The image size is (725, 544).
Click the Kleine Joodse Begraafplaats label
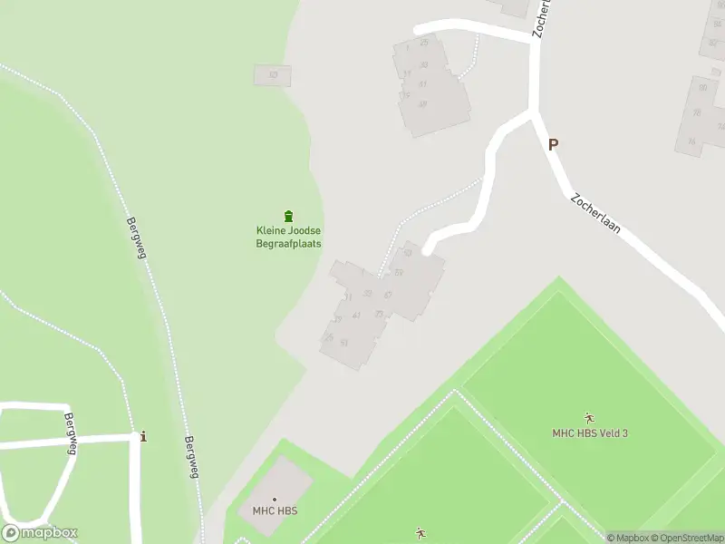[288, 237]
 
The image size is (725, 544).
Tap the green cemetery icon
[288, 216]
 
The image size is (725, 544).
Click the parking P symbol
[553, 144]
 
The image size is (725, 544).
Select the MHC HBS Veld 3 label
[590, 432]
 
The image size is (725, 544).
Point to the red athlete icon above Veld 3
[590, 418]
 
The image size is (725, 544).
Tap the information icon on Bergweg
[143, 437]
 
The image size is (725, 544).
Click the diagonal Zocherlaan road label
[596, 214]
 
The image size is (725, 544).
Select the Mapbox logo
[40, 533]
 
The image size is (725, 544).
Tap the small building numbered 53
[272, 74]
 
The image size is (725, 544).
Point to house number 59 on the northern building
[422, 104]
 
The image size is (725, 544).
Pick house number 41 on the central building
[357, 315]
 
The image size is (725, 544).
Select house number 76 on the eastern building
[691, 141]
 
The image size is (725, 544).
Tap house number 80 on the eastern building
[703, 87]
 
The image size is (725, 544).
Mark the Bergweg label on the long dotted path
[137, 238]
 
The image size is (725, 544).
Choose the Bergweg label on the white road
[70, 432]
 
